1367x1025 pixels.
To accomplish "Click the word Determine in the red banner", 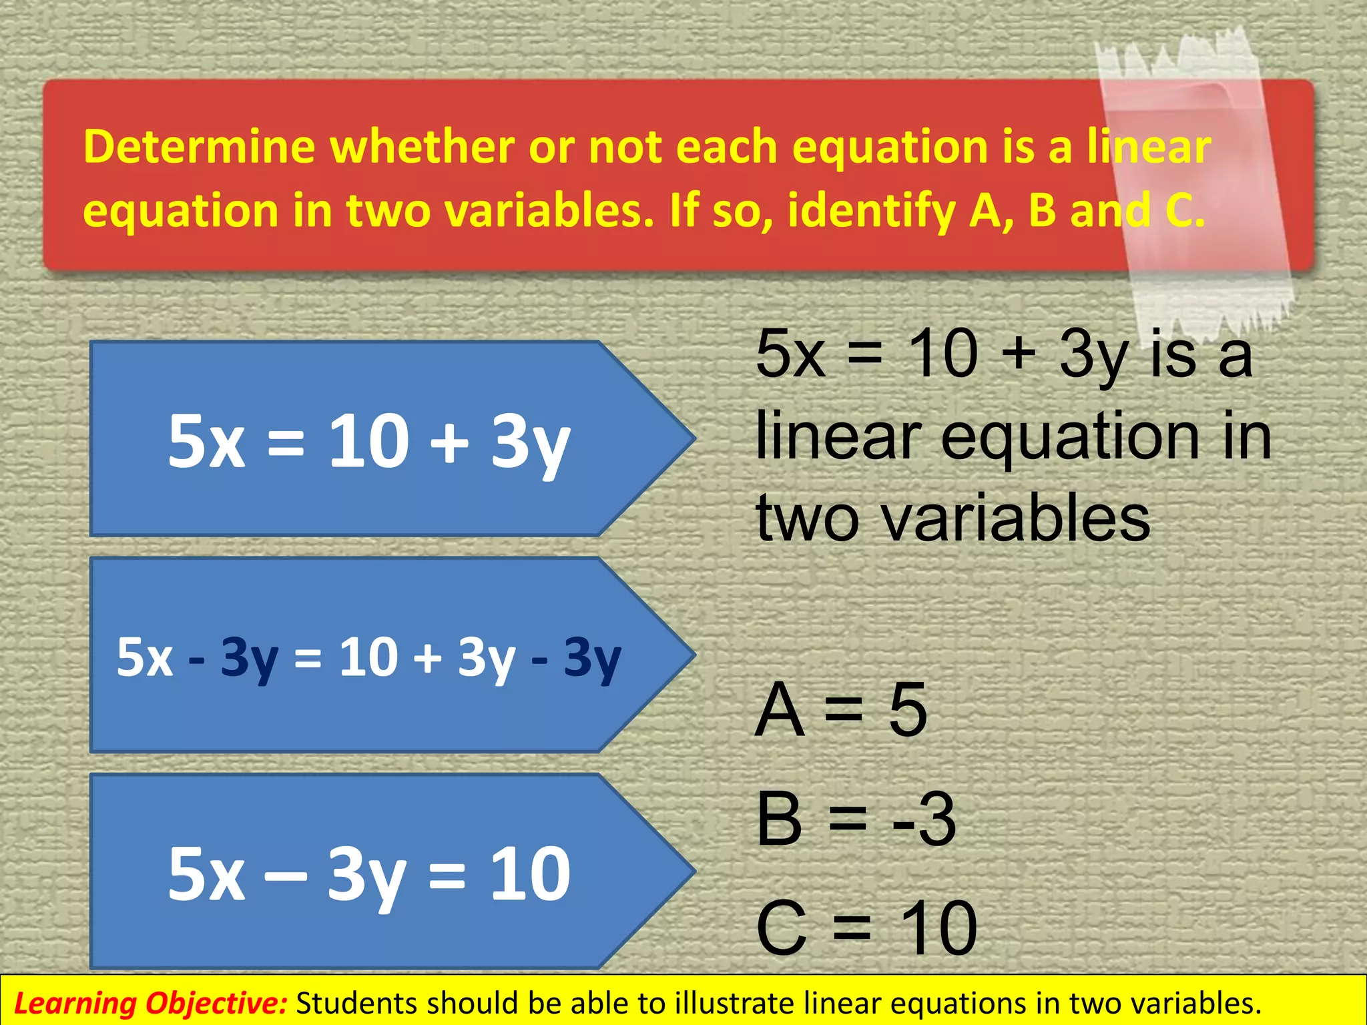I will (x=199, y=147).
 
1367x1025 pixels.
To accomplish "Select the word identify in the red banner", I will (x=872, y=211).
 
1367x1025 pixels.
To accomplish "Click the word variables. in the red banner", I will (x=549, y=211).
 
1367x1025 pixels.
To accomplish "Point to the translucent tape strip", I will (x=1195, y=180).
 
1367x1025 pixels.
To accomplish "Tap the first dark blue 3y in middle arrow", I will (x=249, y=658).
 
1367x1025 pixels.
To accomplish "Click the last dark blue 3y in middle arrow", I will (x=592, y=658).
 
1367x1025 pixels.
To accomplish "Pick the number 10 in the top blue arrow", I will (x=368, y=440).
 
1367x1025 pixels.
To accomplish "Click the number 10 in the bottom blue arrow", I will (x=531, y=873).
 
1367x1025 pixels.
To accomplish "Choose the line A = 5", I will (x=841, y=710).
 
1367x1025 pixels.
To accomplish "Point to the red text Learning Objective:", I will (x=150, y=1003).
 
